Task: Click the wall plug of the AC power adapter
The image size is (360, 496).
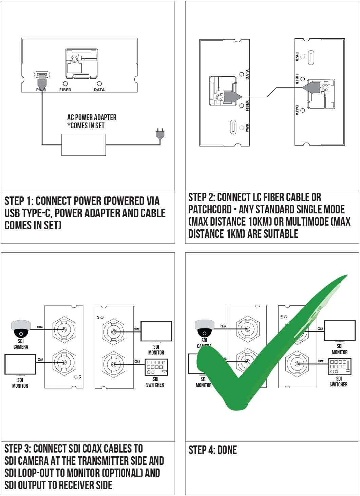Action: click(x=160, y=134)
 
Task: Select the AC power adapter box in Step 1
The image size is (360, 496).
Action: click(x=83, y=145)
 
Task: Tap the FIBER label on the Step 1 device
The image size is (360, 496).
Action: click(x=65, y=90)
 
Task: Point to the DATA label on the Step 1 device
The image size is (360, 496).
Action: click(x=99, y=90)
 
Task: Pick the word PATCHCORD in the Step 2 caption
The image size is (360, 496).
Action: click(x=210, y=209)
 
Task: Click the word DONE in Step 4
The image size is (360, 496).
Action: click(x=227, y=450)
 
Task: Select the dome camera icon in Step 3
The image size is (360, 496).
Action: click(x=21, y=329)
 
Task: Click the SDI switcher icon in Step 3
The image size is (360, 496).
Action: click(x=156, y=367)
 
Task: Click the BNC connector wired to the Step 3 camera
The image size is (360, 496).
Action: click(x=64, y=329)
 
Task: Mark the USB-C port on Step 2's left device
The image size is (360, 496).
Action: click(x=233, y=127)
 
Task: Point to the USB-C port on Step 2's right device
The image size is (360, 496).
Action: click(x=311, y=57)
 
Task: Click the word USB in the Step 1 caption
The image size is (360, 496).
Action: click(x=12, y=213)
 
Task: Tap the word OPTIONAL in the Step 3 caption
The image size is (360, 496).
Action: click(x=122, y=473)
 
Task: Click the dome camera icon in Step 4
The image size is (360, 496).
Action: click(x=204, y=328)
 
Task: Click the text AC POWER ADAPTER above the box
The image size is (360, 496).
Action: click(x=92, y=117)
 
